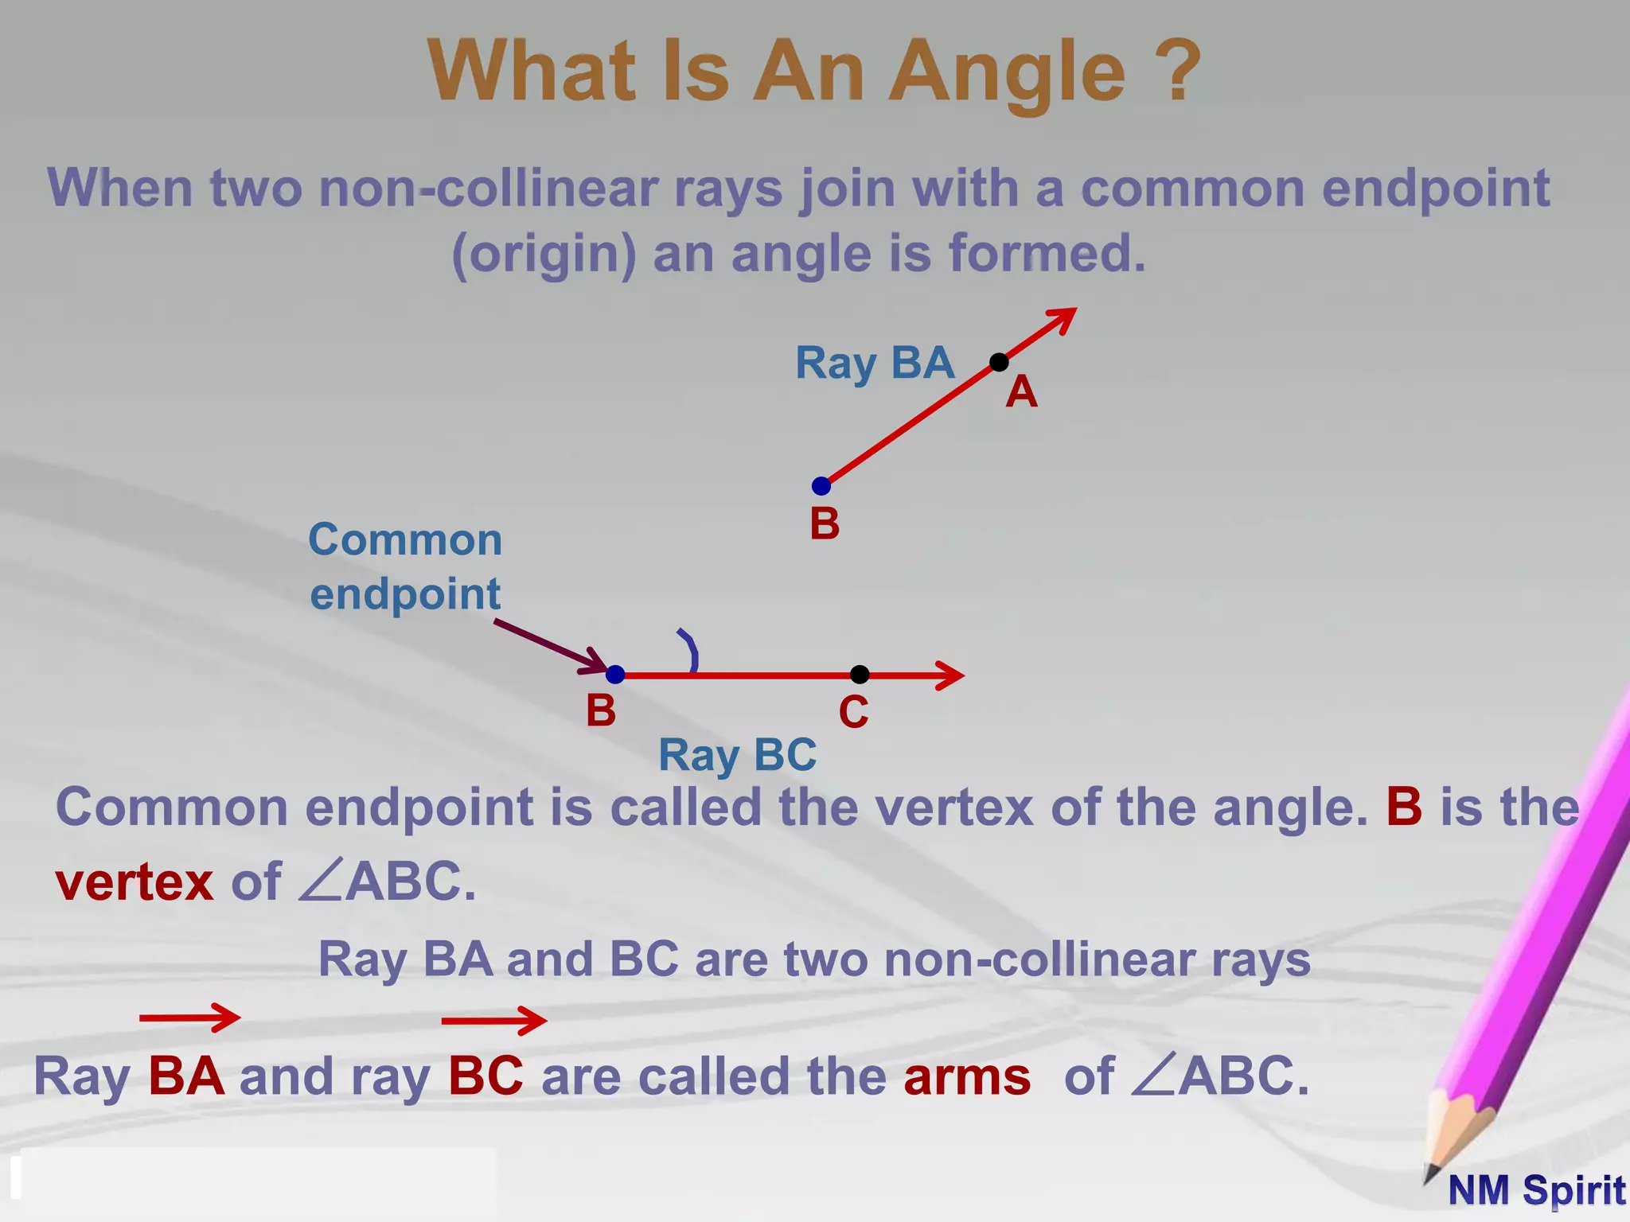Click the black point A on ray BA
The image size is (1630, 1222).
(x=999, y=363)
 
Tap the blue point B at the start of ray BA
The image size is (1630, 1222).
(x=821, y=486)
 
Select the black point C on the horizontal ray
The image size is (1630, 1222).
(x=860, y=675)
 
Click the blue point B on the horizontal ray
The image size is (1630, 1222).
(x=615, y=675)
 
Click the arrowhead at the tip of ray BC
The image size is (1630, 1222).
(x=952, y=675)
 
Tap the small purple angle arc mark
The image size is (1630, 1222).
(x=690, y=651)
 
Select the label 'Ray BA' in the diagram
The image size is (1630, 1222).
(x=875, y=364)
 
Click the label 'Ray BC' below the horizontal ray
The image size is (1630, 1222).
(x=737, y=755)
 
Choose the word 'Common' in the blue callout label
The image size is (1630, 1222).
(x=405, y=540)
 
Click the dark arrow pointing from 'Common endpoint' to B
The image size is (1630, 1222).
(x=549, y=646)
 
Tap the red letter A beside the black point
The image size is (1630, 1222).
(x=1021, y=392)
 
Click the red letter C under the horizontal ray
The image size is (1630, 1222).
(x=853, y=712)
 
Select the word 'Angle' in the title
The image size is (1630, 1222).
(x=1007, y=72)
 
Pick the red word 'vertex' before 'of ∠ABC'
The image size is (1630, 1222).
(x=135, y=882)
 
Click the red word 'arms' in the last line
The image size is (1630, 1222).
(x=967, y=1077)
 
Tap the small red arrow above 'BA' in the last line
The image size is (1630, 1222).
(x=189, y=1018)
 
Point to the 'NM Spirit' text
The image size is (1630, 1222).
(x=1536, y=1191)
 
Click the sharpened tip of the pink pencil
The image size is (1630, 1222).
(x=1430, y=1175)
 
